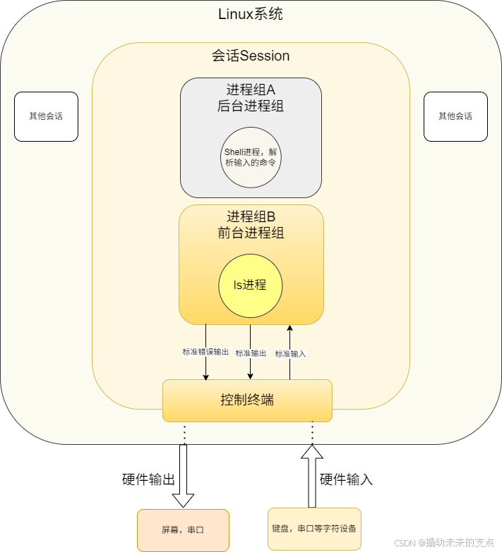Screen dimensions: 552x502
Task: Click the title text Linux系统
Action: [x=251, y=15]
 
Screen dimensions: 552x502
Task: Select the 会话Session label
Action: [x=251, y=56]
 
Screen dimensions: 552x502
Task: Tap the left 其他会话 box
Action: [x=46, y=116]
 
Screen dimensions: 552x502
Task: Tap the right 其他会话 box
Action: [x=455, y=116]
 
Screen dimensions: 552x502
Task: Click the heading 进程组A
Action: [x=251, y=90]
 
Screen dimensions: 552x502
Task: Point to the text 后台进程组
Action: [x=251, y=106]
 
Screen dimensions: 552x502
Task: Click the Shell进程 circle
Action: [x=251, y=157]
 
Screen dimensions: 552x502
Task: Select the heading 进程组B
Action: [x=251, y=216]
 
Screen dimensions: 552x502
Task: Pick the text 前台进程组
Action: [x=251, y=233]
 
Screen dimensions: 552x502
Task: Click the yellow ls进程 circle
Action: [x=251, y=285]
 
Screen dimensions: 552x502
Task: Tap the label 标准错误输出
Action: [x=205, y=352]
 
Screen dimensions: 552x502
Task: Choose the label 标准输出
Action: [x=251, y=353]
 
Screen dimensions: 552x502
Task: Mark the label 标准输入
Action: [x=290, y=354]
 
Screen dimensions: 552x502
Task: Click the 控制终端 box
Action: [x=247, y=400]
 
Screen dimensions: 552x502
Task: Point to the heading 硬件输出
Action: [x=148, y=480]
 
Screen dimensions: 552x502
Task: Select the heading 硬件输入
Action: [x=346, y=480]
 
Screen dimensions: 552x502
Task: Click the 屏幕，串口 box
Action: [x=183, y=529]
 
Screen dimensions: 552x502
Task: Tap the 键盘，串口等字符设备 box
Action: [x=314, y=528]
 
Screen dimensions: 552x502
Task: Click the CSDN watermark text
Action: [x=443, y=542]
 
